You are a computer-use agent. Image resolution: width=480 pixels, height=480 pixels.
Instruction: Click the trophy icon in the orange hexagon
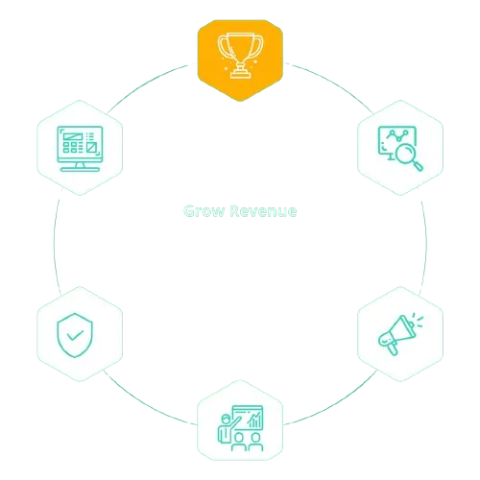240,56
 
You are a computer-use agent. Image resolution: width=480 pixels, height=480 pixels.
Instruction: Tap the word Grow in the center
204,211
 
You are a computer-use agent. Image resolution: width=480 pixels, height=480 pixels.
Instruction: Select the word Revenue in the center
263,211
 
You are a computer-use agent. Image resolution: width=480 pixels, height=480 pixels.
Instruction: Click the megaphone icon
400,334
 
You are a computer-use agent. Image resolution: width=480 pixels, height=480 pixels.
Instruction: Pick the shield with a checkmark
75,335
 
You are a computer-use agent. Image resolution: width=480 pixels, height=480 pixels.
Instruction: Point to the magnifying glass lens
405,154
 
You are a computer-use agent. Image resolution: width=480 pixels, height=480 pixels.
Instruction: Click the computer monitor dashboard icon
80,149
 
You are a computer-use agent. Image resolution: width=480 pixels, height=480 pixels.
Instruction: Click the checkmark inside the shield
75,335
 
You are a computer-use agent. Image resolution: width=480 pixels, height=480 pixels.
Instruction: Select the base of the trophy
240,74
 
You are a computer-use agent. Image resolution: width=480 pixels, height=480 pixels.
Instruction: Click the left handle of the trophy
223,45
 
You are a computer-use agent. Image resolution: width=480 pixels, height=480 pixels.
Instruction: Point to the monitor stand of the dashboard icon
80,167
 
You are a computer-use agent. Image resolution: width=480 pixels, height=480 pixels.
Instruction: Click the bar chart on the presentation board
255,420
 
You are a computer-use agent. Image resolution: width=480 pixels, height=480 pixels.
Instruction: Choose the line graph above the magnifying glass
397,135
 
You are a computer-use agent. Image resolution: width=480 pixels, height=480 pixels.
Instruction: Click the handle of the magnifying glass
418,166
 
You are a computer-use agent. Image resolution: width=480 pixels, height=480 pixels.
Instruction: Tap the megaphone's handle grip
393,349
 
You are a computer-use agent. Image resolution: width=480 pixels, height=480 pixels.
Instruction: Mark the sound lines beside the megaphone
418,320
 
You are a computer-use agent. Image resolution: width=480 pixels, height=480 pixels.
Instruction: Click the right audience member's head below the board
255,437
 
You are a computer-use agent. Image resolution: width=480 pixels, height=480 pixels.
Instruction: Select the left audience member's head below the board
238,437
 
